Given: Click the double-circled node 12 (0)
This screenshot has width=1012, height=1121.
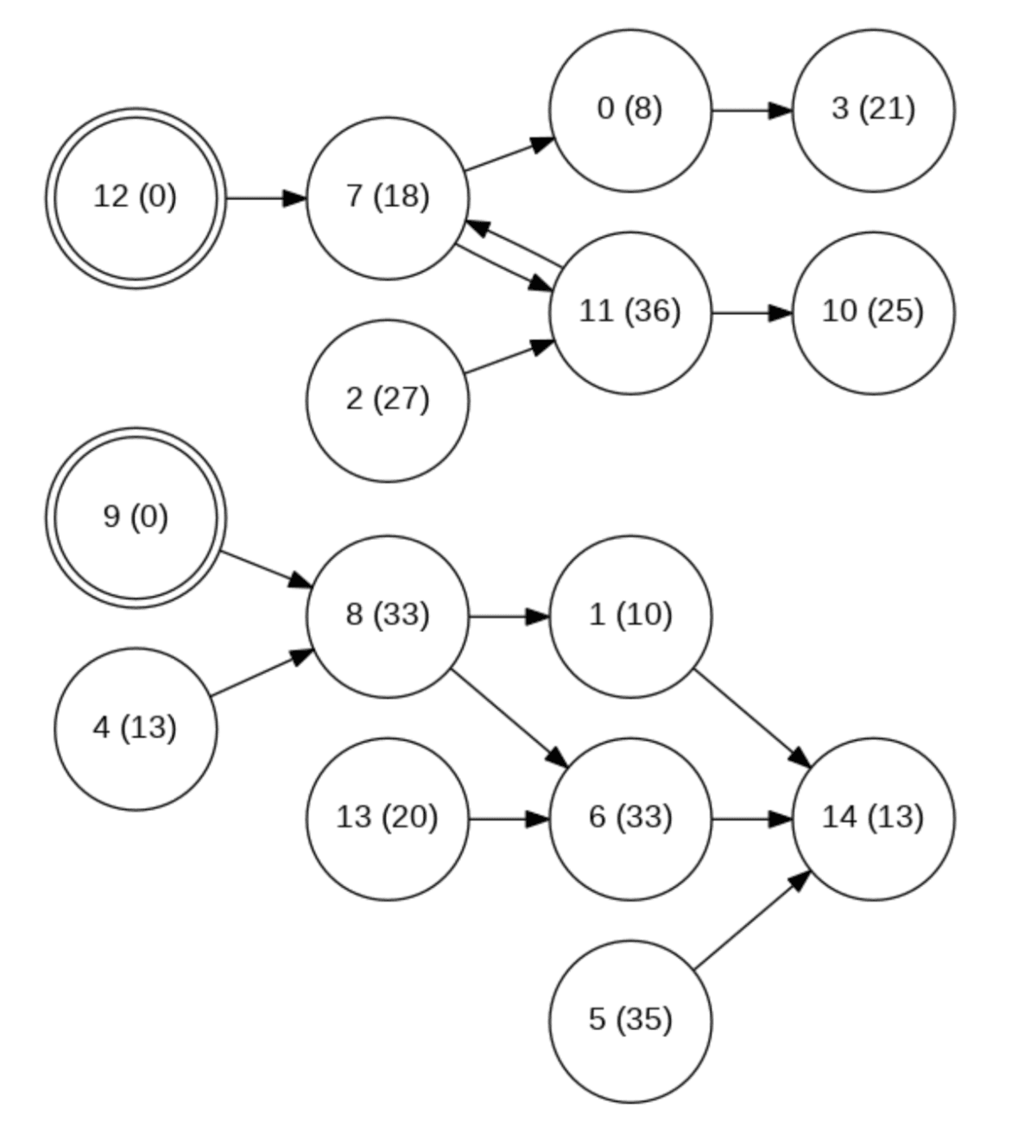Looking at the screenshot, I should coord(136,199).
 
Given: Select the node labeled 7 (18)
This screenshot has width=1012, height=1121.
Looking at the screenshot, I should coord(388,199).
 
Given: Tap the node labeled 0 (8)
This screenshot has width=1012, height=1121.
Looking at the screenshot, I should coord(630,111).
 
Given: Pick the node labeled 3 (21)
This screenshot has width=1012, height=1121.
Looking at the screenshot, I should coord(873,111).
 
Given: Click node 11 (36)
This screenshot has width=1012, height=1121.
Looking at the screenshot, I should coord(630,313).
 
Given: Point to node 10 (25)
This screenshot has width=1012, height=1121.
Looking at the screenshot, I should coord(873,313).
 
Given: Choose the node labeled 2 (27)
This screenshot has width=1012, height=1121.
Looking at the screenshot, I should coord(388,401).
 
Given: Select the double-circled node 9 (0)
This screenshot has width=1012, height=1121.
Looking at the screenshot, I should coord(136,518).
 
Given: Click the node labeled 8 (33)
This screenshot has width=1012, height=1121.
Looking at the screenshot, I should coord(388,617).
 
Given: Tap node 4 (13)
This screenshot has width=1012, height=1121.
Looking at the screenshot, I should coord(136,729).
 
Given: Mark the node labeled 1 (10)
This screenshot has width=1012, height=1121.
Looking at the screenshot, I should coord(630,617).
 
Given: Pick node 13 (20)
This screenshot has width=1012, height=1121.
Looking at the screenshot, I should coord(388,819).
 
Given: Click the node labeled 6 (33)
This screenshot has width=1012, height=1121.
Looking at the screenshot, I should coord(630,819).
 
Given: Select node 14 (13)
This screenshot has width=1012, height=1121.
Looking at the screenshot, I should coord(873,819).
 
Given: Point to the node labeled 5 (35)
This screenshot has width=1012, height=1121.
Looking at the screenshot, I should coord(630,1021).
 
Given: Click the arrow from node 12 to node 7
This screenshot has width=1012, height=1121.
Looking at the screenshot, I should coord(266,199).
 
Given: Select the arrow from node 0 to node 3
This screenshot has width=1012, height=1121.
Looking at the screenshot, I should coord(751,111).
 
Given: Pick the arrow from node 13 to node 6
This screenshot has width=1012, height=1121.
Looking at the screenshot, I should coord(509,819).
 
